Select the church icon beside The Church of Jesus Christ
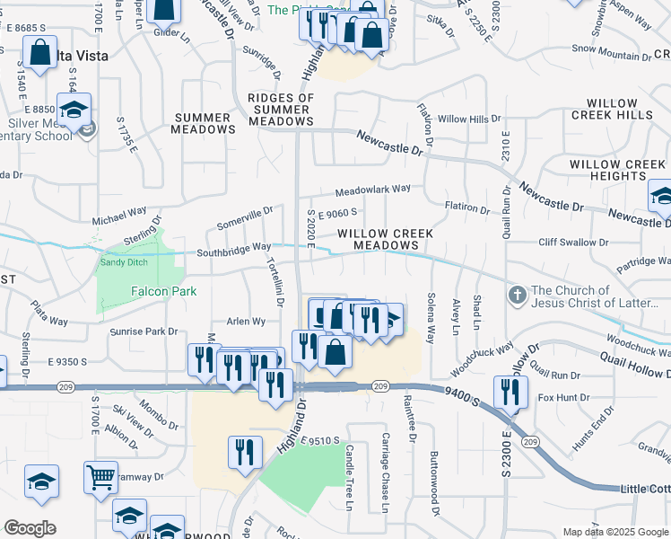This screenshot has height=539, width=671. pyautogui.click(x=517, y=295)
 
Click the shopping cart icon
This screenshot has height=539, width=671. pyautogui.click(x=100, y=476)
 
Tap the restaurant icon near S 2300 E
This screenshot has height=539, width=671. pyautogui.click(x=510, y=392)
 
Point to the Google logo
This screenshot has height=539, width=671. pyautogui.click(x=30, y=528)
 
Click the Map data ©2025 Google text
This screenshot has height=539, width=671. pyautogui.click(x=614, y=532)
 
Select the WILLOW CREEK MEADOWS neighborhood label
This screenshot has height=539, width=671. pyautogui.click(x=386, y=239)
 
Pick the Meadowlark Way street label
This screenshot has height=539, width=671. pyautogui.click(x=373, y=190)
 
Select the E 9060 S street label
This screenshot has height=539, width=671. pyautogui.click(x=338, y=213)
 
